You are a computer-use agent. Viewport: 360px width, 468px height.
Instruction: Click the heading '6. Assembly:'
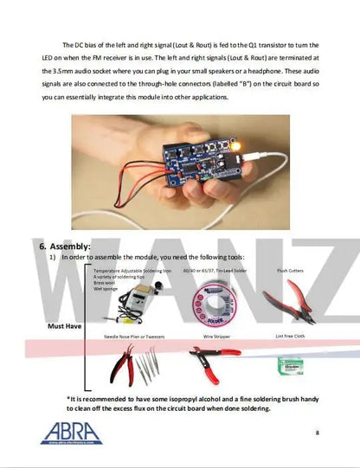pos(66,246)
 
